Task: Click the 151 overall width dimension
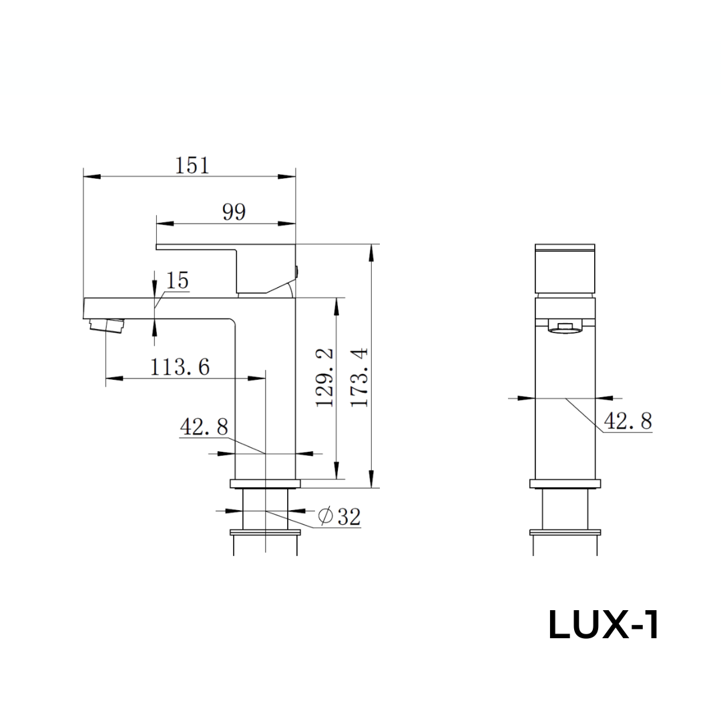tap(192, 165)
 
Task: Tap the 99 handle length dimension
tap(234, 212)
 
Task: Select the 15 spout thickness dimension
tap(178, 281)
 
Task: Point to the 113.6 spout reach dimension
tap(180, 367)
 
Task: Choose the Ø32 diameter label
tap(340, 516)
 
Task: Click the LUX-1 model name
tap(604, 626)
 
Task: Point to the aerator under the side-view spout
tap(107, 326)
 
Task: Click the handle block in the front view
tap(565, 270)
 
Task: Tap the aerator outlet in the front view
tap(565, 327)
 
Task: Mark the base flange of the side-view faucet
tap(266, 483)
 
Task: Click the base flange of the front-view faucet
tap(565, 484)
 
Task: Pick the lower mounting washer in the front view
tap(565, 532)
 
